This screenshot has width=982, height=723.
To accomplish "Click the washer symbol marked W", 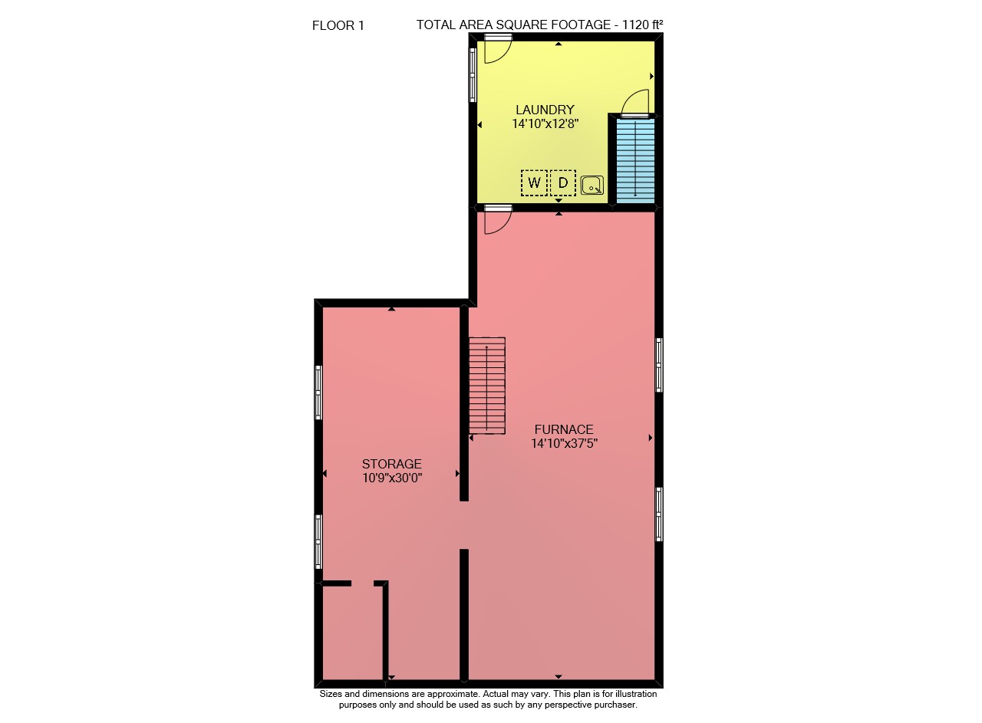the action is coord(534,182).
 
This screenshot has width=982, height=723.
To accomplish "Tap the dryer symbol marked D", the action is coord(563,182).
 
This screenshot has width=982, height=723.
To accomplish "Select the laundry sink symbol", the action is coord(592,186).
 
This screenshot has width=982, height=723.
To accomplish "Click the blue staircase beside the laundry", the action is coord(636,160).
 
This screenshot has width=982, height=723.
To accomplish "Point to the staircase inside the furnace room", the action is coord(487,386).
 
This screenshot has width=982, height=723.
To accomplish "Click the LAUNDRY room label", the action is coord(545,110).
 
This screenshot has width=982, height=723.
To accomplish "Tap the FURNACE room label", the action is coord(564,429).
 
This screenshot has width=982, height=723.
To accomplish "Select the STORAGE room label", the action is coord(392,464).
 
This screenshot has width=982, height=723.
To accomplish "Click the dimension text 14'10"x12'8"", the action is coord(545,123).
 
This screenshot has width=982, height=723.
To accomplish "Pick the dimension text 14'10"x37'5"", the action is coord(564,443).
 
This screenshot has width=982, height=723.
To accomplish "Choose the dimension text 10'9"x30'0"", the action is coord(392,478).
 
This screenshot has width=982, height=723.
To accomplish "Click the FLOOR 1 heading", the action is coord(338,26).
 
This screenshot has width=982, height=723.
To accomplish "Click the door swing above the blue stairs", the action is coord(635,104).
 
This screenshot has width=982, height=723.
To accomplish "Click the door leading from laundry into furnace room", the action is coord(498,219).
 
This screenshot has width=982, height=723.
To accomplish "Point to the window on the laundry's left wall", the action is coord(473,75).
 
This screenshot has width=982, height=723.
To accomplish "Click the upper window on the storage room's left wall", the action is coord(318,393).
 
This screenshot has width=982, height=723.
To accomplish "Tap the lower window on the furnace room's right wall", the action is coord(659,514).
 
